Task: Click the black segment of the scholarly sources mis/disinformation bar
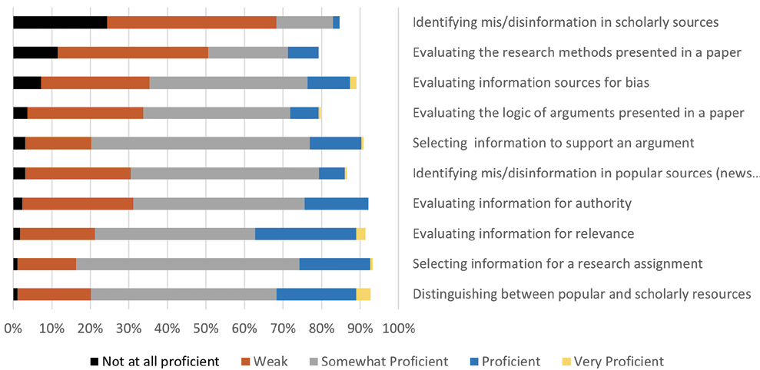pos(60,22)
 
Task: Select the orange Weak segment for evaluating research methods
pos(133,52)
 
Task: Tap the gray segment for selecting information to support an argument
pos(201,143)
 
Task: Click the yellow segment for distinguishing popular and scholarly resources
pos(363,294)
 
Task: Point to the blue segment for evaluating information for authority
pos(336,203)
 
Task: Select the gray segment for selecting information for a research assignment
pos(188,264)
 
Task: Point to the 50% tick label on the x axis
pos(205,329)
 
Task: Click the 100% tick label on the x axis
pos(398,329)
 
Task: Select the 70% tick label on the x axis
pos(282,329)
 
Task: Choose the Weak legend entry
pos(265,361)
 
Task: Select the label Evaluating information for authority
pos(522,203)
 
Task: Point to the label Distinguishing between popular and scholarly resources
pos(581,294)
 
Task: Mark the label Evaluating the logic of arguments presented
pos(578,113)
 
